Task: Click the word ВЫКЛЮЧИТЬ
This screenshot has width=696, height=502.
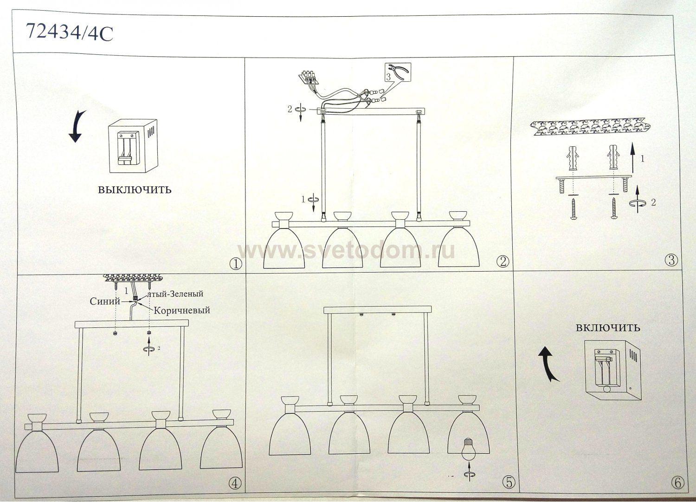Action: tap(135, 190)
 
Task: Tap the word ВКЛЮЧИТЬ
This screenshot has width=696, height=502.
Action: tap(608, 328)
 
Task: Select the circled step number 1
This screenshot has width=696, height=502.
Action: tap(236, 264)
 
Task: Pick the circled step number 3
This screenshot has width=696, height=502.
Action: tap(671, 260)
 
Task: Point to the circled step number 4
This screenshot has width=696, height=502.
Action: tap(235, 483)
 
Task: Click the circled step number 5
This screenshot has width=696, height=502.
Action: tap(509, 483)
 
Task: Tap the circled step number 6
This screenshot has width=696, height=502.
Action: tap(678, 483)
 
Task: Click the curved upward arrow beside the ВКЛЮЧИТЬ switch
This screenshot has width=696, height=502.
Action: tap(548, 365)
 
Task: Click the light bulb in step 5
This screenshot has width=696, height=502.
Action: tap(468, 450)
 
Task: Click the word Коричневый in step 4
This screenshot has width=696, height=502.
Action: tap(181, 311)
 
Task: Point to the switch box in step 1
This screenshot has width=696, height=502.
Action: tap(132, 145)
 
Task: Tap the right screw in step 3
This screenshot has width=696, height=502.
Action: tap(614, 208)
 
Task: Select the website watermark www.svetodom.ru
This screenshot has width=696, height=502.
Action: tap(346, 250)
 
